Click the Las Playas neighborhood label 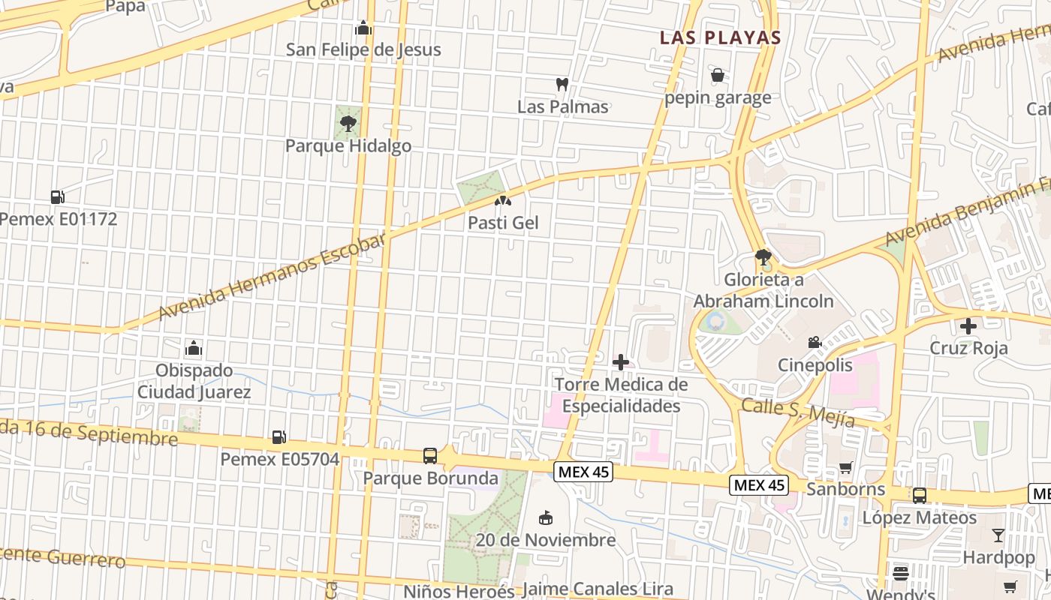point(721,37)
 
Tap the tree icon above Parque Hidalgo point(348,124)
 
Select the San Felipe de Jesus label point(363,49)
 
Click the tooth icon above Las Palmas point(562,85)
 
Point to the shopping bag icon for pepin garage point(718,75)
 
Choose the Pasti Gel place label point(503,223)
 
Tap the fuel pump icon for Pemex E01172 point(57,197)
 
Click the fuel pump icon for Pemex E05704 point(279,436)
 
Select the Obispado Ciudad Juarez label point(194,381)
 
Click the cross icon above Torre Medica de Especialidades point(621,363)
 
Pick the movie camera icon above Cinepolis point(815,343)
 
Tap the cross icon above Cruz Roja point(968,326)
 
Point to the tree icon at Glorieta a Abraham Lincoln point(763,258)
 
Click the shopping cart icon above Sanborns point(846,467)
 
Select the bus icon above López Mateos point(920,496)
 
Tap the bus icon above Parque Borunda point(430,456)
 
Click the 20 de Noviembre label point(546,540)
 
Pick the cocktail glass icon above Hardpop point(998,535)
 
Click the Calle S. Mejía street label point(798,413)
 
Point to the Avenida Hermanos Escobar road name point(272,277)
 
